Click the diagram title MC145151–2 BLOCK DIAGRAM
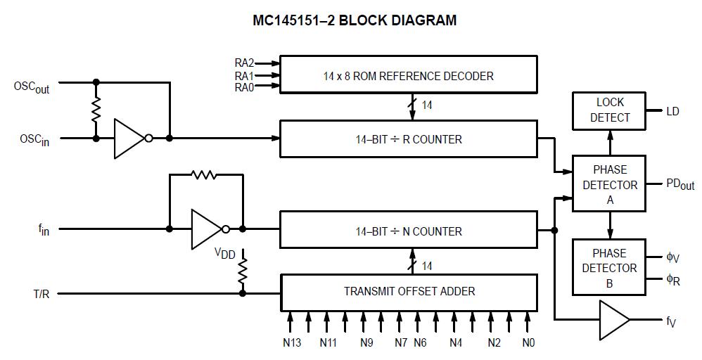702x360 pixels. coord(355,20)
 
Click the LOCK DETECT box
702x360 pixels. coord(609,110)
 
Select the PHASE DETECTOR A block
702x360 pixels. coord(609,184)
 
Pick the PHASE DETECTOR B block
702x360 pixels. coord(609,268)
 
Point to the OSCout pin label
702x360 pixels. coord(32,87)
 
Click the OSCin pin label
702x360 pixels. coord(34,140)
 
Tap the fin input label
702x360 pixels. coord(44,230)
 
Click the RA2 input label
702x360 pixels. coord(244,63)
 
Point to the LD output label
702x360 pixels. coord(672,111)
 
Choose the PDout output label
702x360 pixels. coord(679,184)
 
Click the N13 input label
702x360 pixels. coord(290,343)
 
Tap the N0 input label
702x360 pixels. coord(528,343)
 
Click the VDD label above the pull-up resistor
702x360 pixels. coord(225,253)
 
